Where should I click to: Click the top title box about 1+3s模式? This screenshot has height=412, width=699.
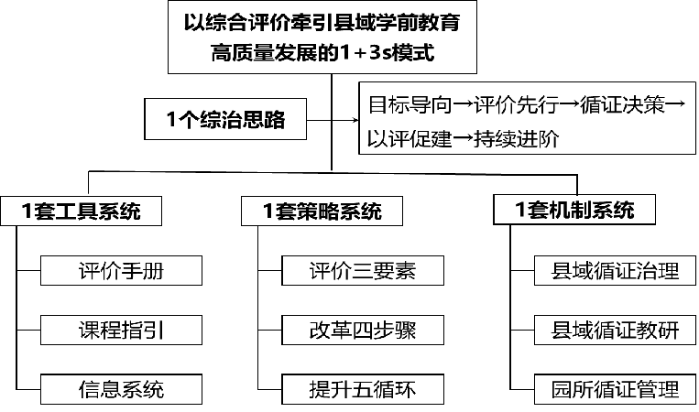[330, 37]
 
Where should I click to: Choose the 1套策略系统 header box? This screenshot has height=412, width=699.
[322, 211]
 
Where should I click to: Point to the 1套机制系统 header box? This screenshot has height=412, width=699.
[575, 210]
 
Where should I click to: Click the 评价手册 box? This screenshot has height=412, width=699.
[121, 270]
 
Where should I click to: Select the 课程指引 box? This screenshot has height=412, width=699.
[121, 330]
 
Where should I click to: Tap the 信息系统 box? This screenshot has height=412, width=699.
[121, 388]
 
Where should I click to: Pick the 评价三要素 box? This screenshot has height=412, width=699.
[362, 270]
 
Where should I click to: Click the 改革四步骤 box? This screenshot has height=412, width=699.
[362, 330]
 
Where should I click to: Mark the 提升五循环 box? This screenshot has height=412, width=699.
[362, 388]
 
